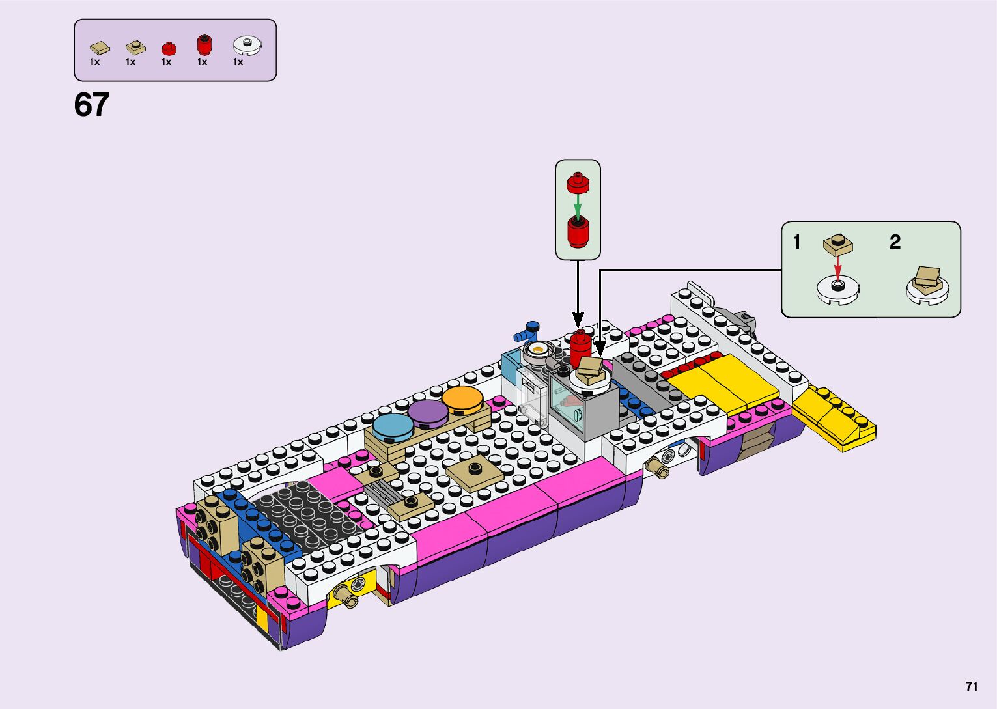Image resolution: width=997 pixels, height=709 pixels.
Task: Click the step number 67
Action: (x=92, y=105)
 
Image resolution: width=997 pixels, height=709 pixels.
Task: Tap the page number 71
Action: (x=972, y=686)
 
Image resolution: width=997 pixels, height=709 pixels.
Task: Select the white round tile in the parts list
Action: (x=247, y=46)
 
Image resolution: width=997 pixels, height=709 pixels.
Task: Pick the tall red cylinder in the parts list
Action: (x=204, y=44)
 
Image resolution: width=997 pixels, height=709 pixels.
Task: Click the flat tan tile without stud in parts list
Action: (x=100, y=48)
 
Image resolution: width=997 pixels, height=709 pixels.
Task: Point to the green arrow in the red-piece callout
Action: (x=578, y=207)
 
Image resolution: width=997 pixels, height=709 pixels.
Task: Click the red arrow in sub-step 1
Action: (x=837, y=268)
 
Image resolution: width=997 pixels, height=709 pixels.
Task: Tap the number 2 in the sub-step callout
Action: (x=895, y=242)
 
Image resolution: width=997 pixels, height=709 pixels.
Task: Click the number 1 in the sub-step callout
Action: (x=796, y=242)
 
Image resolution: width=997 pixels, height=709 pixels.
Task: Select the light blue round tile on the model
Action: (x=391, y=427)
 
